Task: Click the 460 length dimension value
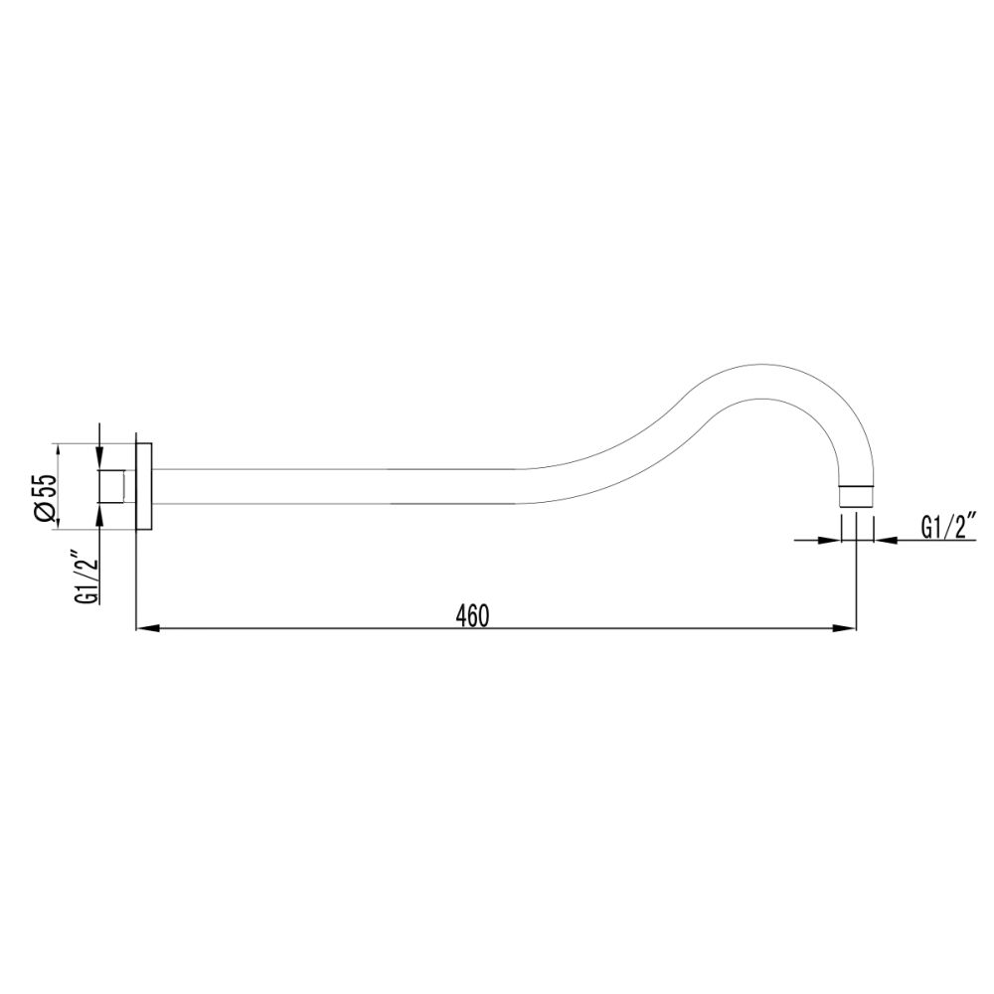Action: pos(472,615)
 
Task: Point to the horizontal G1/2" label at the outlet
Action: pos(949,526)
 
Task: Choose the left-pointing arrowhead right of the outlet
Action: pos(884,540)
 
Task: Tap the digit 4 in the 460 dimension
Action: pos(462,615)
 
